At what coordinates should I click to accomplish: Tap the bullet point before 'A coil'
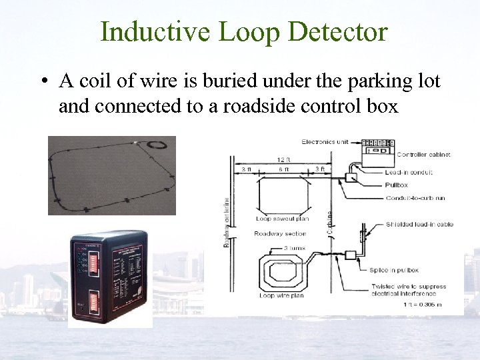point(43,82)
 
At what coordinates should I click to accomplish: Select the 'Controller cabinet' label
point(423,155)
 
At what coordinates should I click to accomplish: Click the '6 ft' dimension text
point(284,169)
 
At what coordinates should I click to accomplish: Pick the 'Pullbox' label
point(396,185)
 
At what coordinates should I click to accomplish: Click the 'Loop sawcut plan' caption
point(282,219)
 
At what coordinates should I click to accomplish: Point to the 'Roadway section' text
point(280,234)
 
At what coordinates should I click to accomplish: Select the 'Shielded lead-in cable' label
point(419,225)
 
